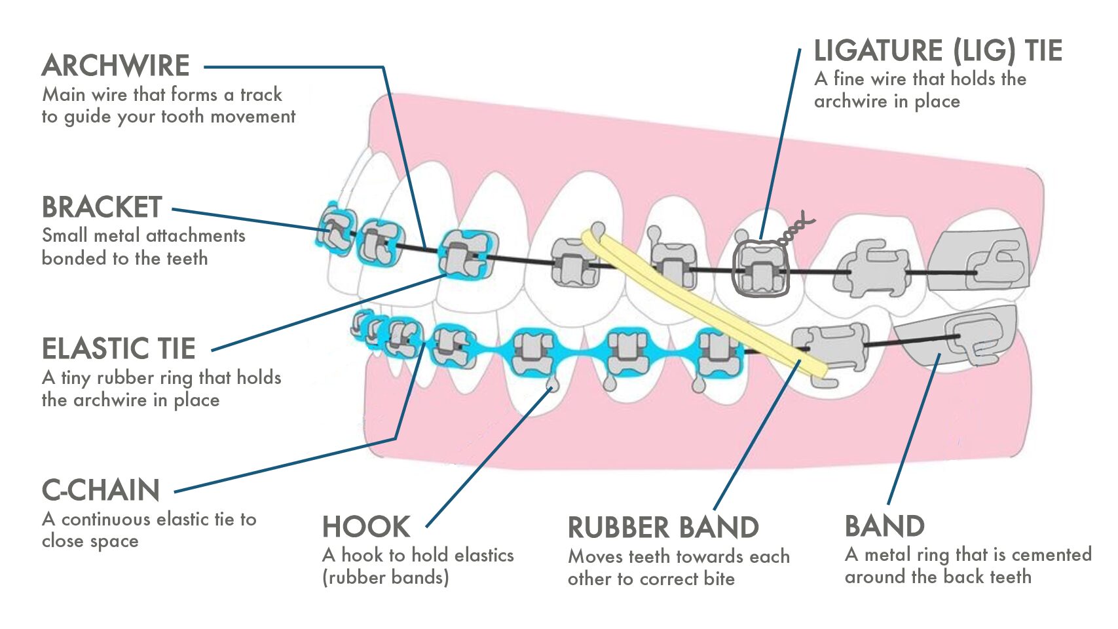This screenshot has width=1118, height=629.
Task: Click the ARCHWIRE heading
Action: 116,66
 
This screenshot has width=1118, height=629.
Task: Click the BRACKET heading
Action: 102,207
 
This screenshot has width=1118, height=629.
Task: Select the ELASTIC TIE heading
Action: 119,349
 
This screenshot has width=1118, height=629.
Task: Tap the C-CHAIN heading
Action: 101,490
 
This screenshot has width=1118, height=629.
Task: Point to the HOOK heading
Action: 366,527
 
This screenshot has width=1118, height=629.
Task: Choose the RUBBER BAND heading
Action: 663,527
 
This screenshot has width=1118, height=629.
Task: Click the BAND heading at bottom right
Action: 884,526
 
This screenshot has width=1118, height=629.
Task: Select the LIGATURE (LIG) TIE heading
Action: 937,51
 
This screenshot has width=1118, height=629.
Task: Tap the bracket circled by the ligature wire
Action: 760,270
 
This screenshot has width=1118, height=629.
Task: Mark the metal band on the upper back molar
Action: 982,259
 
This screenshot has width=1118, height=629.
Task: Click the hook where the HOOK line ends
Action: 553,385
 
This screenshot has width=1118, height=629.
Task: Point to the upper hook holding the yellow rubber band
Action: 597,229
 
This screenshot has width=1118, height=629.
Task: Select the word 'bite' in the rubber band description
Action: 719,579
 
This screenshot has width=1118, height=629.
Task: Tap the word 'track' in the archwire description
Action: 261,94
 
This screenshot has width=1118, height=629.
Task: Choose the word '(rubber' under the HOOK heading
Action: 353,577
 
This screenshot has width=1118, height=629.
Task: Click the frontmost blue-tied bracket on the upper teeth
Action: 335,229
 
